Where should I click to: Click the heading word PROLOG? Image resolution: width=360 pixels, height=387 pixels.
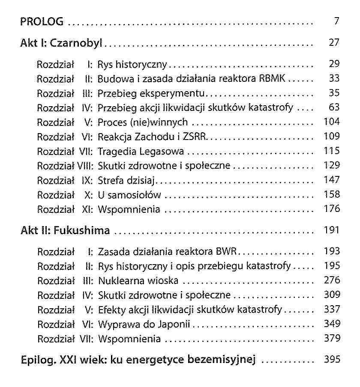42,21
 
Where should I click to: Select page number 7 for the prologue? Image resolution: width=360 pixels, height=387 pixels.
337,21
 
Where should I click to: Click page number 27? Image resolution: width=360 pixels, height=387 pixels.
334,43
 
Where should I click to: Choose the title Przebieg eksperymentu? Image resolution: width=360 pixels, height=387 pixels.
153,93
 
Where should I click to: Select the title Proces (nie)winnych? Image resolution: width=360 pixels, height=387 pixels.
143,122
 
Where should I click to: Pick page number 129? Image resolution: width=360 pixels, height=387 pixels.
332,166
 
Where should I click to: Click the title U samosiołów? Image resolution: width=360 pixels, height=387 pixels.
129,195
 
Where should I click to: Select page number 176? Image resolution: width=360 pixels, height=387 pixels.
332,209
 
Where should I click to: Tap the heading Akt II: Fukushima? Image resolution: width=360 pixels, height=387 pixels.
65,231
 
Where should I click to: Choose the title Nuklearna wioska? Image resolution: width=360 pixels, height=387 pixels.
138,281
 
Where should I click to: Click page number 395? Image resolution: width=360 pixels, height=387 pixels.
332,360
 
